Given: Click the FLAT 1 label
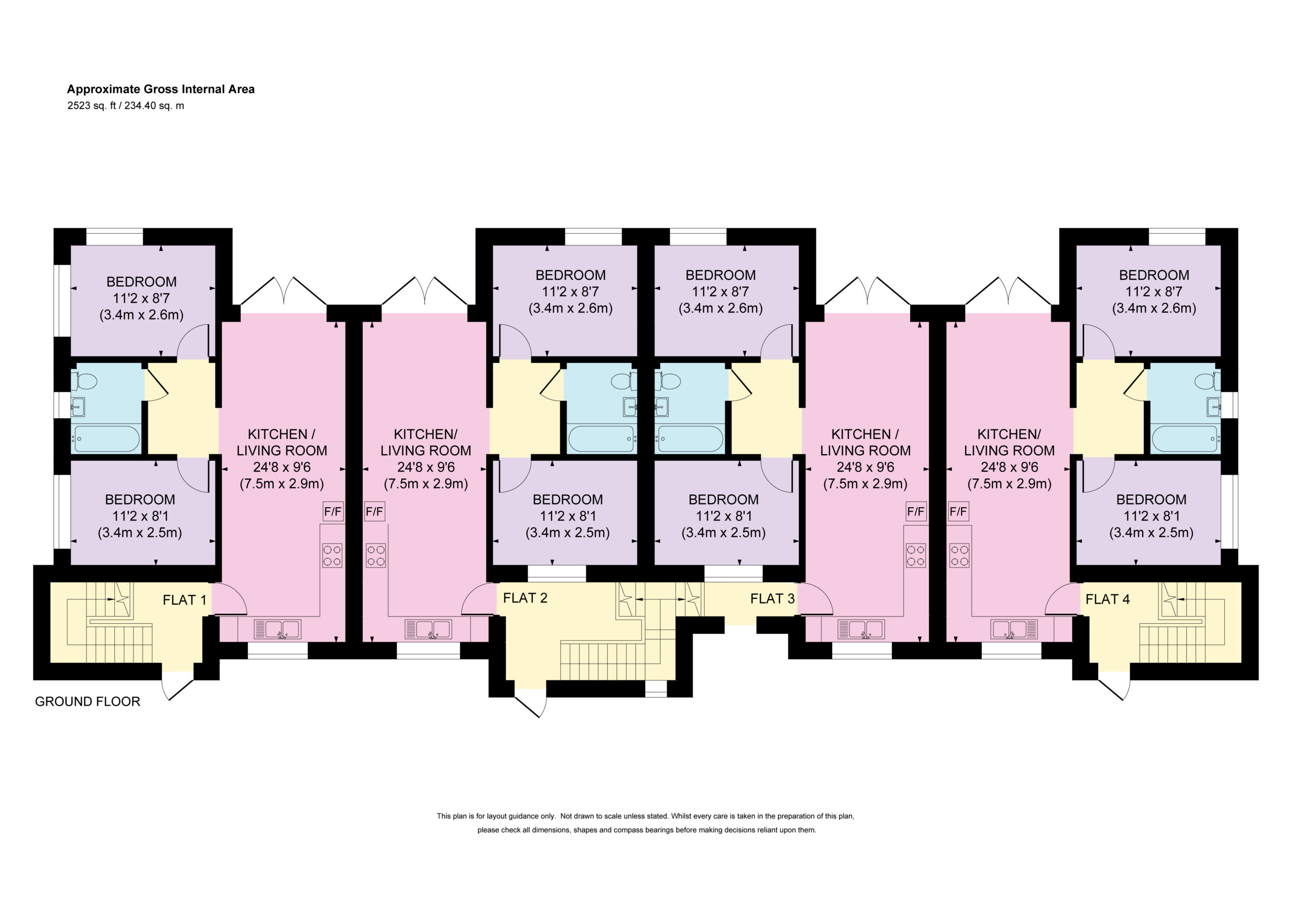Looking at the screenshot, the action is [x=185, y=600].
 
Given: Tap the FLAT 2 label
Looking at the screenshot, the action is [x=525, y=597].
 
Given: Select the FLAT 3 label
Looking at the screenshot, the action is [x=772, y=598].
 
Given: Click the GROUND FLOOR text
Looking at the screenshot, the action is [x=88, y=701].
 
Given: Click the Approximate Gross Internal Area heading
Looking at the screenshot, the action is [x=161, y=89].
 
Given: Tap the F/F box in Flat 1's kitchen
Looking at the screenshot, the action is [x=333, y=512].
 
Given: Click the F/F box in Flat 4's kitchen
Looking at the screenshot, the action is [x=958, y=512].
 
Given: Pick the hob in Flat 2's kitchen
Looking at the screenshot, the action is [x=376, y=554].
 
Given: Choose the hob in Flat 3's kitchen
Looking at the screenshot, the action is [x=916, y=554].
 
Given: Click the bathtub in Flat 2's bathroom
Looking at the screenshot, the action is [x=601, y=439].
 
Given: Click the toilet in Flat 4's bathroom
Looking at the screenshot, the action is [x=1207, y=381].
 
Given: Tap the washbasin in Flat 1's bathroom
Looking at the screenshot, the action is [x=78, y=407].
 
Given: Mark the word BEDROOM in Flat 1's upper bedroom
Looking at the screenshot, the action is [x=142, y=282].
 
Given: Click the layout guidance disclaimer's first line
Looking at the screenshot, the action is [x=645, y=816].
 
